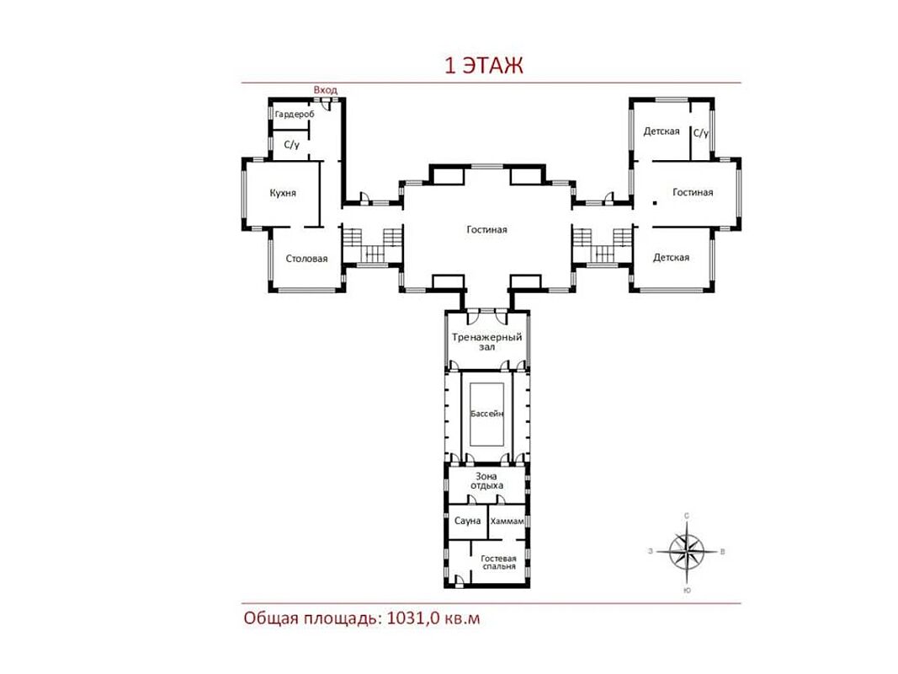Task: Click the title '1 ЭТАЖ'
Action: click(x=484, y=66)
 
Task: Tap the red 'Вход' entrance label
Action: click(x=326, y=90)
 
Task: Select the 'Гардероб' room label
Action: click(x=295, y=115)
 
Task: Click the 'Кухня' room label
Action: click(x=283, y=193)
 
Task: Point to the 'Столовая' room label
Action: click(x=306, y=259)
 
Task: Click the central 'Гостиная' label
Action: click(x=486, y=230)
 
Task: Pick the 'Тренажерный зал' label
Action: click(x=486, y=341)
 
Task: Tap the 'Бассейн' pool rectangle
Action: click(x=486, y=414)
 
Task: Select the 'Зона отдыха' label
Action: click(x=486, y=481)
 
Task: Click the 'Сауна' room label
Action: click(x=467, y=521)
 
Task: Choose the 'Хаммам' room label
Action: click(x=507, y=522)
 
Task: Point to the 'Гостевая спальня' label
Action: click(x=499, y=562)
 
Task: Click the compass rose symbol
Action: click(x=687, y=552)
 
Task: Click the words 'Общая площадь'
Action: click(x=311, y=619)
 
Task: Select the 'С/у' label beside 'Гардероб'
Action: click(x=292, y=145)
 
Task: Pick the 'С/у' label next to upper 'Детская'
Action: click(x=701, y=134)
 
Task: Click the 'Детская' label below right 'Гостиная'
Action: click(x=672, y=258)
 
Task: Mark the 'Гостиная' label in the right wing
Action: click(x=693, y=193)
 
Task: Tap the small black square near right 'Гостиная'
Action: click(x=655, y=203)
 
